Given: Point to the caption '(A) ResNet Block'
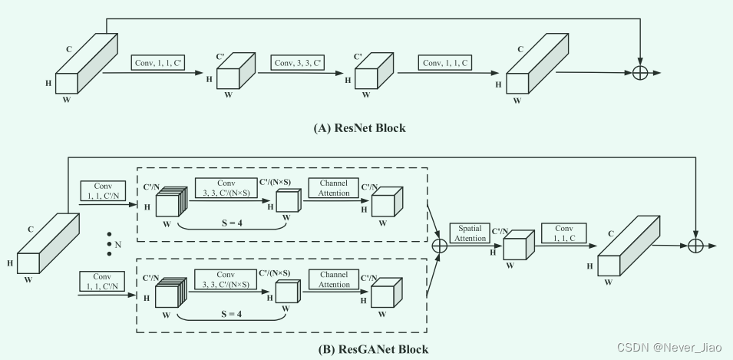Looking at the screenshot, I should click(x=360, y=128).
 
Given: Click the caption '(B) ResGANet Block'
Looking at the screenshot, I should click(x=373, y=349).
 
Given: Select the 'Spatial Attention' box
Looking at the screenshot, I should click(x=470, y=233).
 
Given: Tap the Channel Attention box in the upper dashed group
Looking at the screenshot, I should click(x=334, y=188).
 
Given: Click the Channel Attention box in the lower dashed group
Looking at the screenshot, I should click(x=334, y=279).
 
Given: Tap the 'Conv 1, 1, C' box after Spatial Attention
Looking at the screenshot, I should click(x=563, y=233).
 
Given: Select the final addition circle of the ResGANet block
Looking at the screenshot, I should click(x=695, y=246).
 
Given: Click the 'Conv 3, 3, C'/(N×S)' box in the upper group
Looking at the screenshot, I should click(x=226, y=188).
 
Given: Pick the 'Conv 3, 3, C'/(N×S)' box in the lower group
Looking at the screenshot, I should click(x=226, y=279).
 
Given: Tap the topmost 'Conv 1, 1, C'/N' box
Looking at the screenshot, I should click(x=103, y=191).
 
